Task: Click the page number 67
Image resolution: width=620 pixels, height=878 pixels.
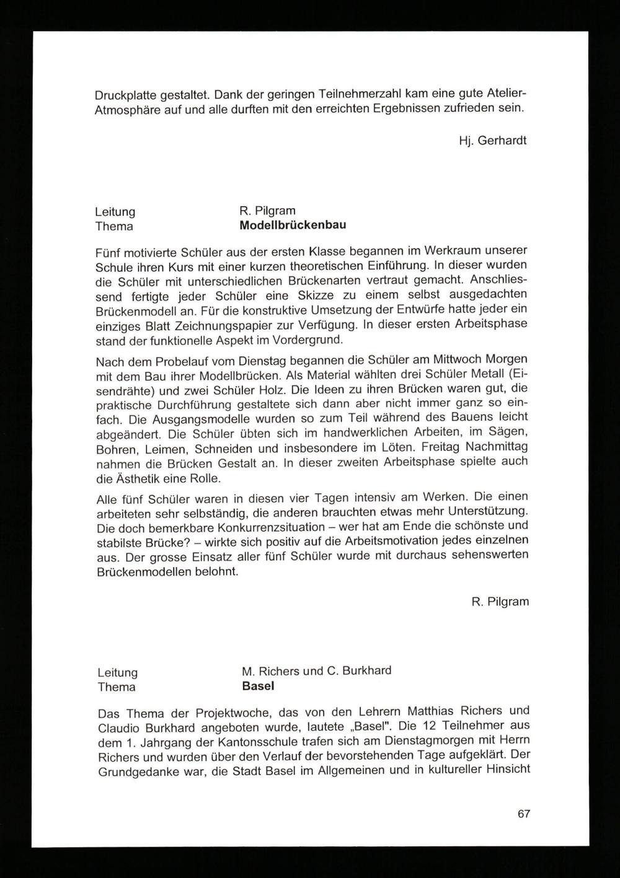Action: coord(524,814)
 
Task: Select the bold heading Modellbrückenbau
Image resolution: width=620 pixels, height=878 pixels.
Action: coord(293,225)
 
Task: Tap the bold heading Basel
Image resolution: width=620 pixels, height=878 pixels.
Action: coord(258,686)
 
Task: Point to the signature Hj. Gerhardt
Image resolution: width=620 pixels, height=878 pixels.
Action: coord(493,140)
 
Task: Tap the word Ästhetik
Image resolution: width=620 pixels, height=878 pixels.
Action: coord(135,478)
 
